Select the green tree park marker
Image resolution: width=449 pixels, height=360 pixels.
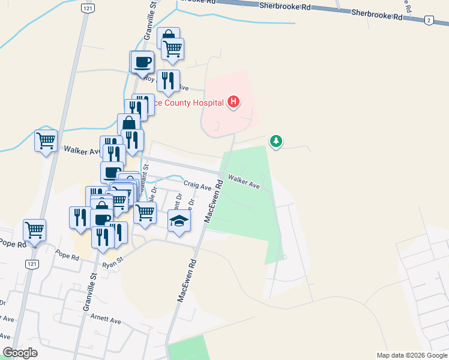pos(276,142)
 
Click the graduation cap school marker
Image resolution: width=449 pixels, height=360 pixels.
pos(179,221)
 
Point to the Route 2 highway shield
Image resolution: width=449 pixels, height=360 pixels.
pos(429,20)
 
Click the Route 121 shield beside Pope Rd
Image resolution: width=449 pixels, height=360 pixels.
pos(31,263)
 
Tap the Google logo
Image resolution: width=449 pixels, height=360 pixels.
pos(20,353)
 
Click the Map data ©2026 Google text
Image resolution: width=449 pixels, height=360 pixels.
pos(411,355)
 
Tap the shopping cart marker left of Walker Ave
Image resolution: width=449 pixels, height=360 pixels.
pos(46,141)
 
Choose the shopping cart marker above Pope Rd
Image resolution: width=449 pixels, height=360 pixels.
pos(35,230)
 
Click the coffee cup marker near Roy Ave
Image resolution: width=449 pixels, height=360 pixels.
pos(143,62)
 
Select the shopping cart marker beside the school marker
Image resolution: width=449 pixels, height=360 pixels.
pos(145,212)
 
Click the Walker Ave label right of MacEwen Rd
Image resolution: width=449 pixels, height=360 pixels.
pos(244,182)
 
